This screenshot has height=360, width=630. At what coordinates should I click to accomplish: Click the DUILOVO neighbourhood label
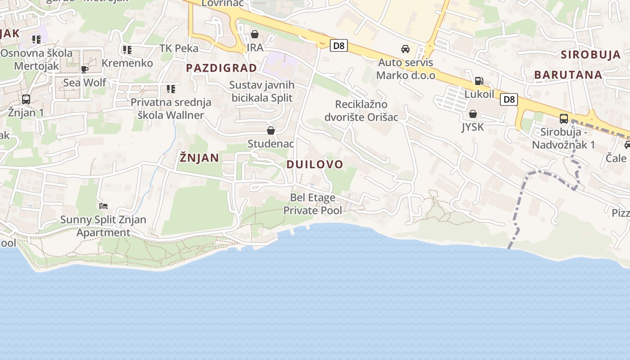tap(315, 164)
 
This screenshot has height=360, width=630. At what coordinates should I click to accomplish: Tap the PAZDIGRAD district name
tap(221, 68)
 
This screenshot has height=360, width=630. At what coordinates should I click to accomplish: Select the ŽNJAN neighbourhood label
tap(199, 157)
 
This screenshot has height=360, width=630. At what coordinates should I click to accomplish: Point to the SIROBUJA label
tap(591, 55)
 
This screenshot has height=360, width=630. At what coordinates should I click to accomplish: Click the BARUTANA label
tap(568, 75)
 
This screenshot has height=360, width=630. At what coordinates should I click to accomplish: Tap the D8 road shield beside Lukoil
tap(509, 99)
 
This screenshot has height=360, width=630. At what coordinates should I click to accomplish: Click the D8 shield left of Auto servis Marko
tap(338, 45)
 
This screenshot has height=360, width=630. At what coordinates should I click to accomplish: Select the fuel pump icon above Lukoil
tap(479, 81)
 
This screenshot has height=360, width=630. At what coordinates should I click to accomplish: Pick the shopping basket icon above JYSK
tap(472, 114)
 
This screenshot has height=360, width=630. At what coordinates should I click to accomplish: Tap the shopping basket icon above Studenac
tap(271, 130)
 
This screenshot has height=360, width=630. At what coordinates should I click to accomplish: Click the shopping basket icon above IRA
tap(255, 34)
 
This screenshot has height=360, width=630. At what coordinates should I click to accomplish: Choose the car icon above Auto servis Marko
tap(405, 49)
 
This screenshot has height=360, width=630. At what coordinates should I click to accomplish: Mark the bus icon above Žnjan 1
tap(26, 99)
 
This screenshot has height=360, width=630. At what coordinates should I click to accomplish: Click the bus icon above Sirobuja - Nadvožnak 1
tap(563, 119)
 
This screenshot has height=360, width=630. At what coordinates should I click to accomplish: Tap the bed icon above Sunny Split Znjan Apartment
tap(103, 206)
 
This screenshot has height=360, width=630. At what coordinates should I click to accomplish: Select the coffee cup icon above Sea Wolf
tap(84, 69)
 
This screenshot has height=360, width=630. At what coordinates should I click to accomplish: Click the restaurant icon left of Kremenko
tap(127, 49)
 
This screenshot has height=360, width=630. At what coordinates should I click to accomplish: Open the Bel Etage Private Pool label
tap(313, 204)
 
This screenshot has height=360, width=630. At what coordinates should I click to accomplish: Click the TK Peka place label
tap(179, 48)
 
